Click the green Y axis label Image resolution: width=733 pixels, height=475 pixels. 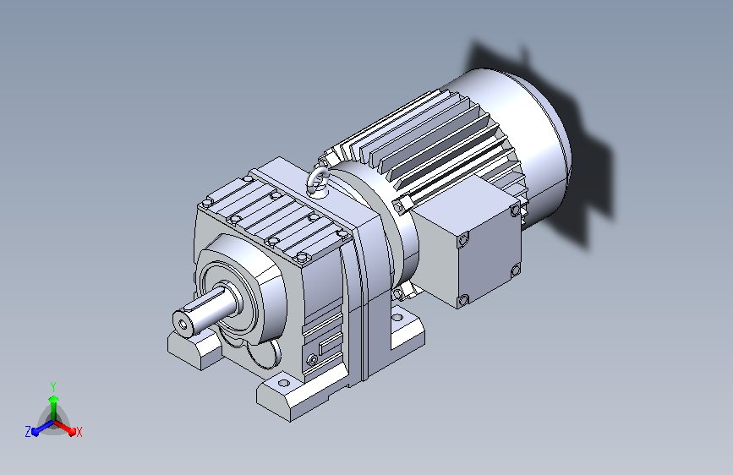coord(53,386)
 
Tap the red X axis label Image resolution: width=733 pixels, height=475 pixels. coord(79,433)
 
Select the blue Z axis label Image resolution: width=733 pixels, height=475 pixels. coord(28,432)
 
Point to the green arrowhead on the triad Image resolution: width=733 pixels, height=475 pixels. coord(54,399)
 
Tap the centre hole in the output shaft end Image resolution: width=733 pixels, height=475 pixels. coord(183,323)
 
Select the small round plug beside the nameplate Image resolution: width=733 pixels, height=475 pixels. coord(312,360)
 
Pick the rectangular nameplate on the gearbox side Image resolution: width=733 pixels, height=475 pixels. coord(331,344)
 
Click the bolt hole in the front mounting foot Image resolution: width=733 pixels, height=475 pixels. coord(283,384)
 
